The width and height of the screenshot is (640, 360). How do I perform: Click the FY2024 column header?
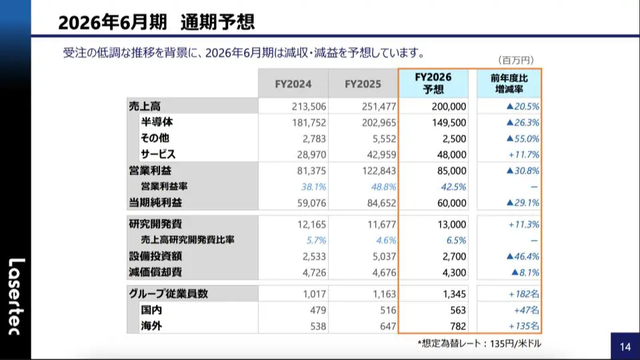tap(293, 84)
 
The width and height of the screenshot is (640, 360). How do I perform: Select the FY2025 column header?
tap(363, 84)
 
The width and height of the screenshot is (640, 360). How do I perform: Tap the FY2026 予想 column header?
tap(433, 83)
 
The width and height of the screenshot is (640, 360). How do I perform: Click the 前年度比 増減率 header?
tap(509, 83)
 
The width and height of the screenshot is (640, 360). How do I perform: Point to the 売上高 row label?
tap(145, 106)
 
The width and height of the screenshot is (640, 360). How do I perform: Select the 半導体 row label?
tap(157, 122)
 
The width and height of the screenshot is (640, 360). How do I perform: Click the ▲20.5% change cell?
tap(522, 106)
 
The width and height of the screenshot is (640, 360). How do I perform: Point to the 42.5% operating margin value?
tap(453, 187)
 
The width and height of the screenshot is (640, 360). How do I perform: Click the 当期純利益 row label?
tap(155, 203)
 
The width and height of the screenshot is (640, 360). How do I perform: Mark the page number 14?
tap(625, 346)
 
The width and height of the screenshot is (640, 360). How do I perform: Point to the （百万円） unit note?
tap(515, 60)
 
